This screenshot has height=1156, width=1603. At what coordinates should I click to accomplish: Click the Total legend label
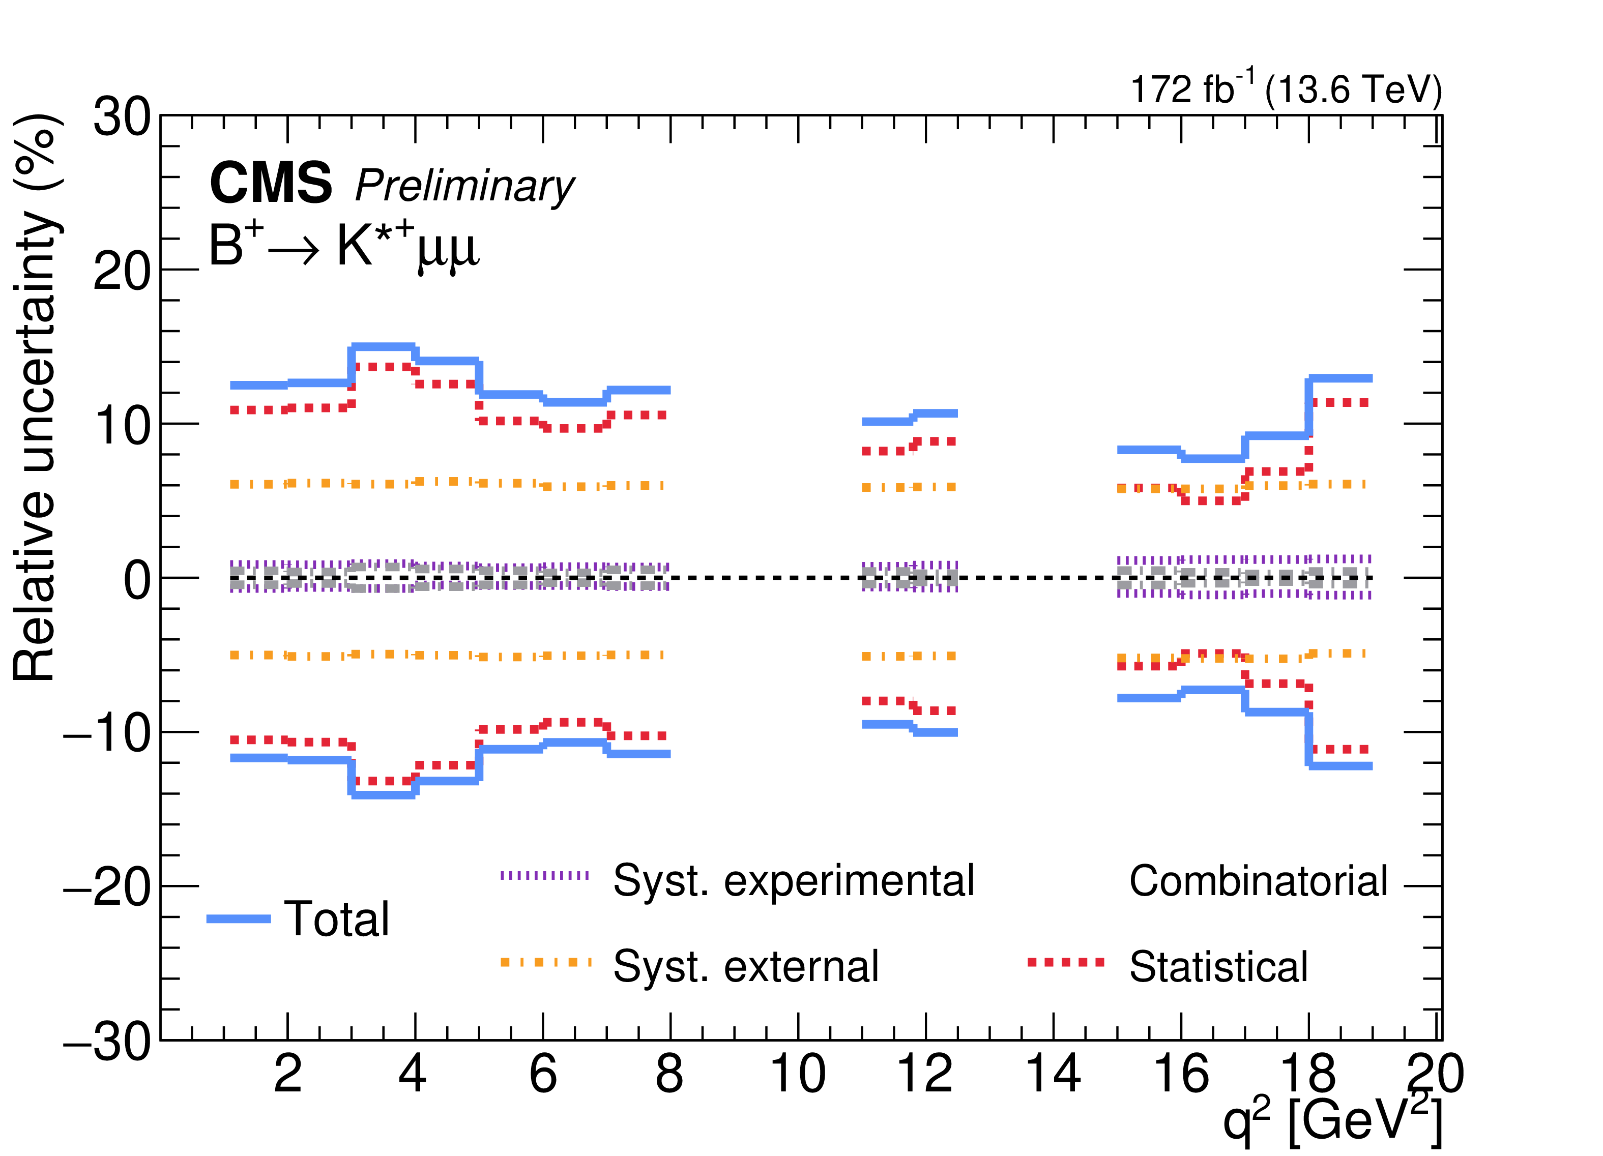click(336, 920)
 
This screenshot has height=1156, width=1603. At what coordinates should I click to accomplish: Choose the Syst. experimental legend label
click(794, 881)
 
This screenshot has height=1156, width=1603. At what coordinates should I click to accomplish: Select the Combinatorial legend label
click(1259, 881)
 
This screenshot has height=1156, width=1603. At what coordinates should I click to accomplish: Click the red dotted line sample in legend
click(1066, 962)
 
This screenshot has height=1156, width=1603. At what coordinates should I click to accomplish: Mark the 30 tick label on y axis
click(122, 116)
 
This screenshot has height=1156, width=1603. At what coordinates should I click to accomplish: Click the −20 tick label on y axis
click(107, 887)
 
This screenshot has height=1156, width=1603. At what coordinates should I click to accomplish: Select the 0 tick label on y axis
click(137, 579)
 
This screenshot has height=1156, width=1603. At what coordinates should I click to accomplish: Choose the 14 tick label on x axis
click(1053, 1074)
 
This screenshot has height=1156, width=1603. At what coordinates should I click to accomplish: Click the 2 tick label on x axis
click(287, 1074)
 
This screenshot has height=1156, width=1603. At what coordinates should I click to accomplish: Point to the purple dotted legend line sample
click(544, 875)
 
